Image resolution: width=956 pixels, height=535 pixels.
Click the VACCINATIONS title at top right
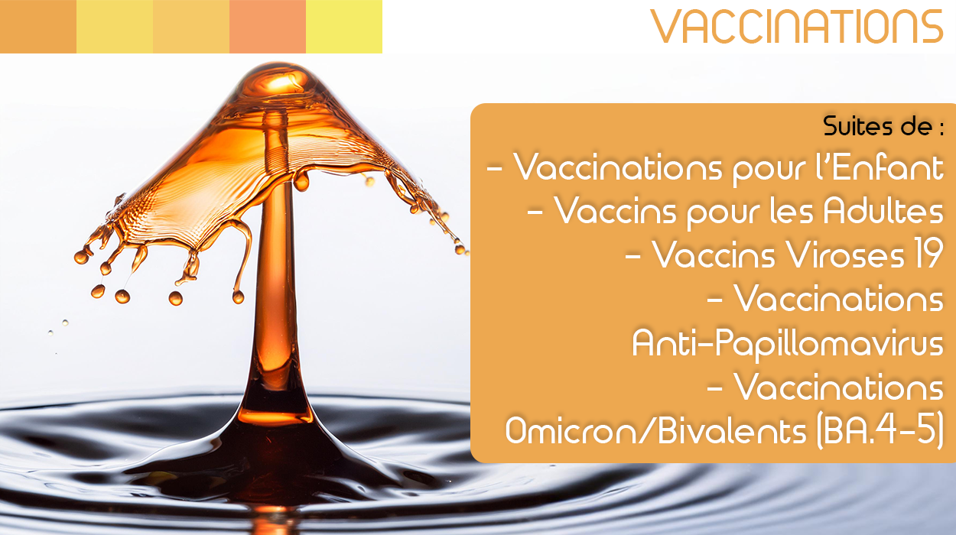pyautogui.click(x=796, y=27)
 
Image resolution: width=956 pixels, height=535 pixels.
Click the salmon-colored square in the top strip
pyautogui.click(x=268, y=27)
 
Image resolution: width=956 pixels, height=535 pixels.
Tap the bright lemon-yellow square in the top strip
pyautogui.click(x=344, y=27)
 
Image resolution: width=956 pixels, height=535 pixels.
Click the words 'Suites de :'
pyautogui.click(x=883, y=126)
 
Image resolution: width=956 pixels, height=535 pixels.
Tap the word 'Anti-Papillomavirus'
pyautogui.click(x=788, y=343)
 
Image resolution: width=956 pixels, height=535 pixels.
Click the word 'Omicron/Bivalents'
pyautogui.click(x=655, y=431)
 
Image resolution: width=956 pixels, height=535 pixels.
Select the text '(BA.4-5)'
pyautogui.click(x=880, y=432)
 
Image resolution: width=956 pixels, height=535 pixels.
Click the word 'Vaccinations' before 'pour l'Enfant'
pyautogui.click(x=617, y=167)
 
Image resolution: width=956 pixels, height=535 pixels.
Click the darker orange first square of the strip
pyautogui.click(x=38, y=27)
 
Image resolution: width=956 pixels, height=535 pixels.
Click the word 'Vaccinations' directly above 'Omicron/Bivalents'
pyautogui.click(x=839, y=387)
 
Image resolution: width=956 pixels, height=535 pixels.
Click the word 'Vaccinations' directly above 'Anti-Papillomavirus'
pyautogui.click(x=839, y=299)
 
